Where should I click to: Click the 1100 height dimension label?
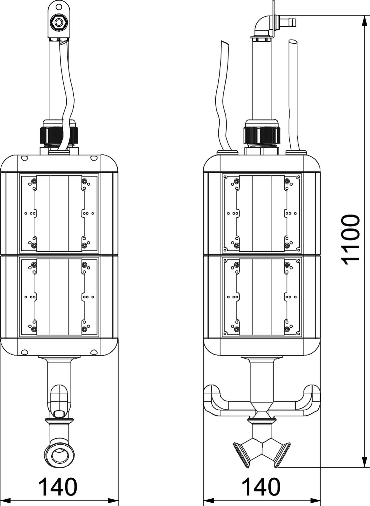point(350,240)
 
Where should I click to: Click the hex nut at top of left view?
point(59,23)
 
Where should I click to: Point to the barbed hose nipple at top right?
point(288,22)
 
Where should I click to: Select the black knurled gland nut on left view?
point(59,135)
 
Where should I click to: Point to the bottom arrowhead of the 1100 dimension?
point(364,460)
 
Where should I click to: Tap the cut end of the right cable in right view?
point(293,42)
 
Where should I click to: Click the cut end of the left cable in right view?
point(225,44)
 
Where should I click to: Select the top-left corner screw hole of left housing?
point(24,159)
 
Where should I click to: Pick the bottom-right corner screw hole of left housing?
point(94,352)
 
